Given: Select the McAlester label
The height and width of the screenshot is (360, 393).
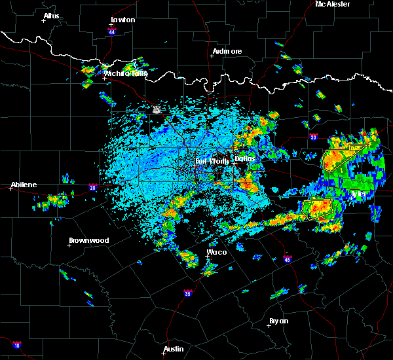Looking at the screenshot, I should (x=333, y=4).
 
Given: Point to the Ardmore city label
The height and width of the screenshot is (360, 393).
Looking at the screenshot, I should (x=227, y=51).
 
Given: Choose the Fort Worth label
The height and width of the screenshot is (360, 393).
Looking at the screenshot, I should (x=211, y=160).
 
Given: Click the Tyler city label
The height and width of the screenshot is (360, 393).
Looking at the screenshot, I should (x=359, y=194).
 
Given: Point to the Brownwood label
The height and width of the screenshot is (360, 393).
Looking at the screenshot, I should (x=88, y=240).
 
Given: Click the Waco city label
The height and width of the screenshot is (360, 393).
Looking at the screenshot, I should (x=217, y=252).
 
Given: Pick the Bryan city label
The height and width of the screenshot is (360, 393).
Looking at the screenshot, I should (x=279, y=321).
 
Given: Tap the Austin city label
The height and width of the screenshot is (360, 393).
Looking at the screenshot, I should (x=174, y=349).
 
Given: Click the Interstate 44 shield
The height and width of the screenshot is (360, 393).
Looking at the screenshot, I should (x=112, y=31).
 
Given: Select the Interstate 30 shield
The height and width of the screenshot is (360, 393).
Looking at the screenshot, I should (x=313, y=137).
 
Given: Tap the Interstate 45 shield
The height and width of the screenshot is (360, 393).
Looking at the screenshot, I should (x=286, y=257).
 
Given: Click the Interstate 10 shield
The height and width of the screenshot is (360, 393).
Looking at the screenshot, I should (x=16, y=345).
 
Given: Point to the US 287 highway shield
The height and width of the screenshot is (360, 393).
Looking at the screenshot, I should (x=157, y=109).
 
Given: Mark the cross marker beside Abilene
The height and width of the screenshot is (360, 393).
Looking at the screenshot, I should (x=11, y=189).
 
